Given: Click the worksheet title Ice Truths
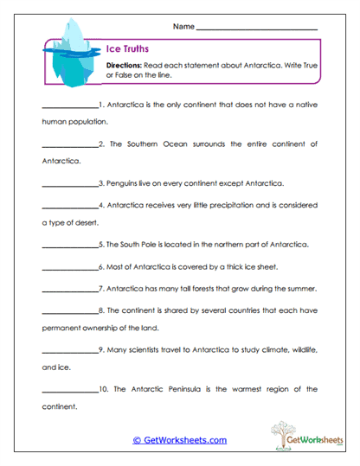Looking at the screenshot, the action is [x=125, y=50].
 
